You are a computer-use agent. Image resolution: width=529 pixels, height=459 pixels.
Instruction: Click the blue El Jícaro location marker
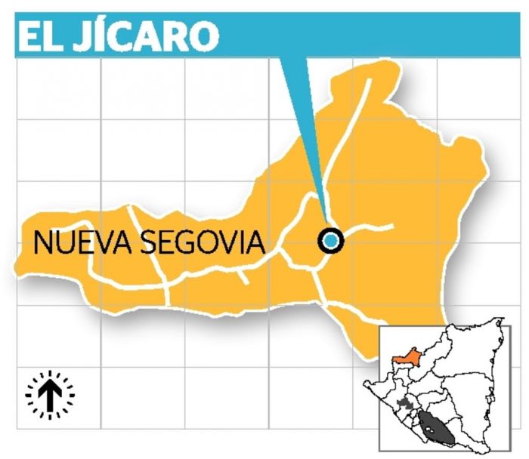(x=331, y=240)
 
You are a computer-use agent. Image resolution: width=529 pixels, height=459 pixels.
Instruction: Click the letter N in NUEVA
(x=42, y=243)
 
